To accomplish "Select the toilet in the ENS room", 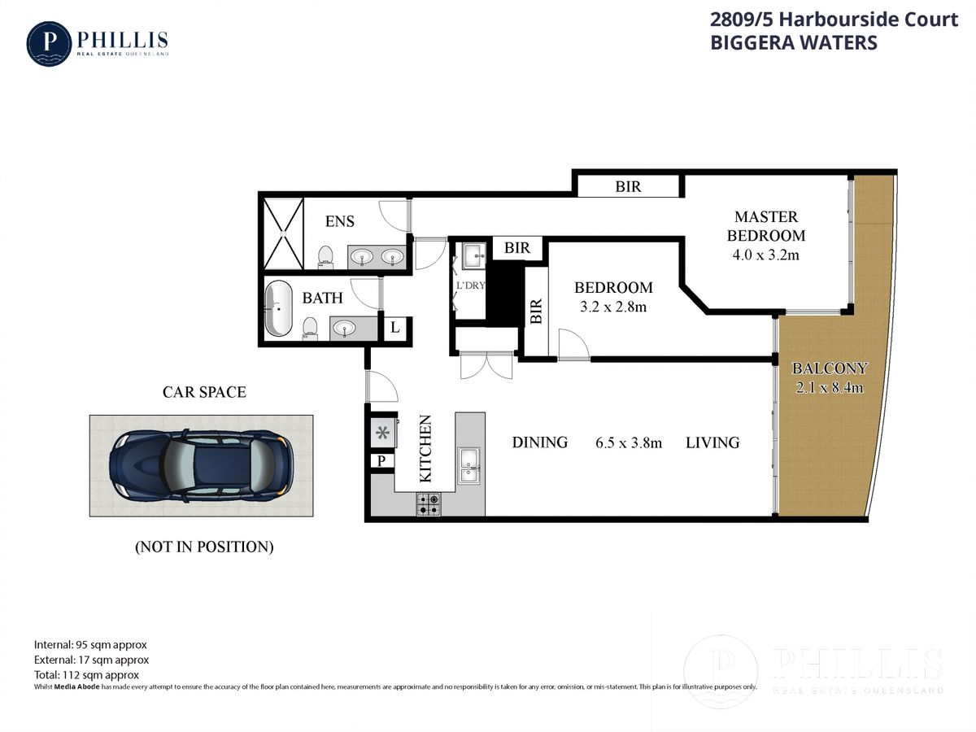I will pyautogui.click(x=325, y=256).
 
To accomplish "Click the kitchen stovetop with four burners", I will pyautogui.click(x=429, y=505).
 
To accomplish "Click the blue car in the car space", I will pyautogui.click(x=201, y=465).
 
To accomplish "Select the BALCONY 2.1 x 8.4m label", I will pyautogui.click(x=829, y=377).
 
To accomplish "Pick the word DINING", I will pyautogui.click(x=539, y=442).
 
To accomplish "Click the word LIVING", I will pyautogui.click(x=712, y=442).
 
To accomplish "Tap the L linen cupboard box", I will pyautogui.click(x=394, y=328).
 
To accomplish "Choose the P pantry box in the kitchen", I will pyautogui.click(x=380, y=461).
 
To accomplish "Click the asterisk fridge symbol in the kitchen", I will pyautogui.click(x=381, y=432).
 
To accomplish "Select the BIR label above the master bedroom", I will pyautogui.click(x=628, y=186).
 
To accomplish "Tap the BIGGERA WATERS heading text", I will pyautogui.click(x=794, y=43).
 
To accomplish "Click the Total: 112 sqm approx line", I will pyautogui.click(x=86, y=674).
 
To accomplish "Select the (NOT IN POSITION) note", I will pyautogui.click(x=203, y=547).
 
